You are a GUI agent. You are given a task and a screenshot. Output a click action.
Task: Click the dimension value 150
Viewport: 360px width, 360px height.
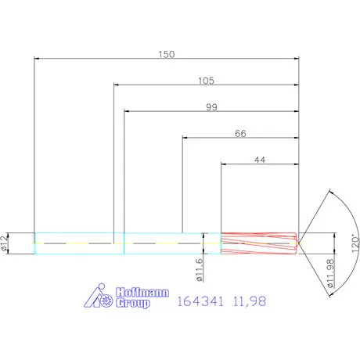coord(166,54)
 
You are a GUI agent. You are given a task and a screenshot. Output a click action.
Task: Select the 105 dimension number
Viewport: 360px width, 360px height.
coord(206,81)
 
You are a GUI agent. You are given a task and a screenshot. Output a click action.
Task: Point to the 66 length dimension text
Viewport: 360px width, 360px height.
coord(240,134)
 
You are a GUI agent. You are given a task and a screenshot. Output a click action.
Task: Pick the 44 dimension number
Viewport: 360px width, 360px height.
coord(260,160)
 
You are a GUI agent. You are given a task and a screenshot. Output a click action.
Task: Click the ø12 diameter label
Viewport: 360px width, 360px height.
coord(7,243)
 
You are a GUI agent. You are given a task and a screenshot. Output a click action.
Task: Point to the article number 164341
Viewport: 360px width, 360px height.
coord(200,301)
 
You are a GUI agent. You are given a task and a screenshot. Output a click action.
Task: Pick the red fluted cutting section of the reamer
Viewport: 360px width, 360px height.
coord(258,243)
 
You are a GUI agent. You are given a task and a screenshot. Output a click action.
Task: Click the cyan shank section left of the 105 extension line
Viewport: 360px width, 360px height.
coord(74,243)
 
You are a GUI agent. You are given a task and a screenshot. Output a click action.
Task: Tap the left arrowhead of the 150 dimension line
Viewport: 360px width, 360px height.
coord(38,59)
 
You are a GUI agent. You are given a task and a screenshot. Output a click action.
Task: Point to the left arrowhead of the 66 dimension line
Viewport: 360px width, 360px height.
coord(185,139)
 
